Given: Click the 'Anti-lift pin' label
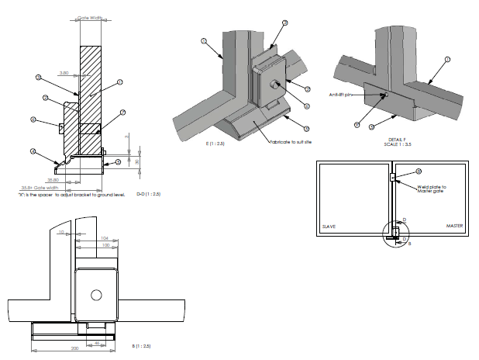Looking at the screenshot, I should coord(342,95).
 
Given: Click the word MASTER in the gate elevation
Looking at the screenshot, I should coord(454,227).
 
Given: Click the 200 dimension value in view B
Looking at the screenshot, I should coord(74,348).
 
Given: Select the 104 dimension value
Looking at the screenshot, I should coord(104,238).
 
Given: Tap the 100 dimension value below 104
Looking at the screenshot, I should coord(104,246).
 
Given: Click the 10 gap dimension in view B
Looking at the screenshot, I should coord(62,232).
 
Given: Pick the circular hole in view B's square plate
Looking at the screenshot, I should coord(95,295).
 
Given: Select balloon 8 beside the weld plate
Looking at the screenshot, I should coord(419,171).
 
